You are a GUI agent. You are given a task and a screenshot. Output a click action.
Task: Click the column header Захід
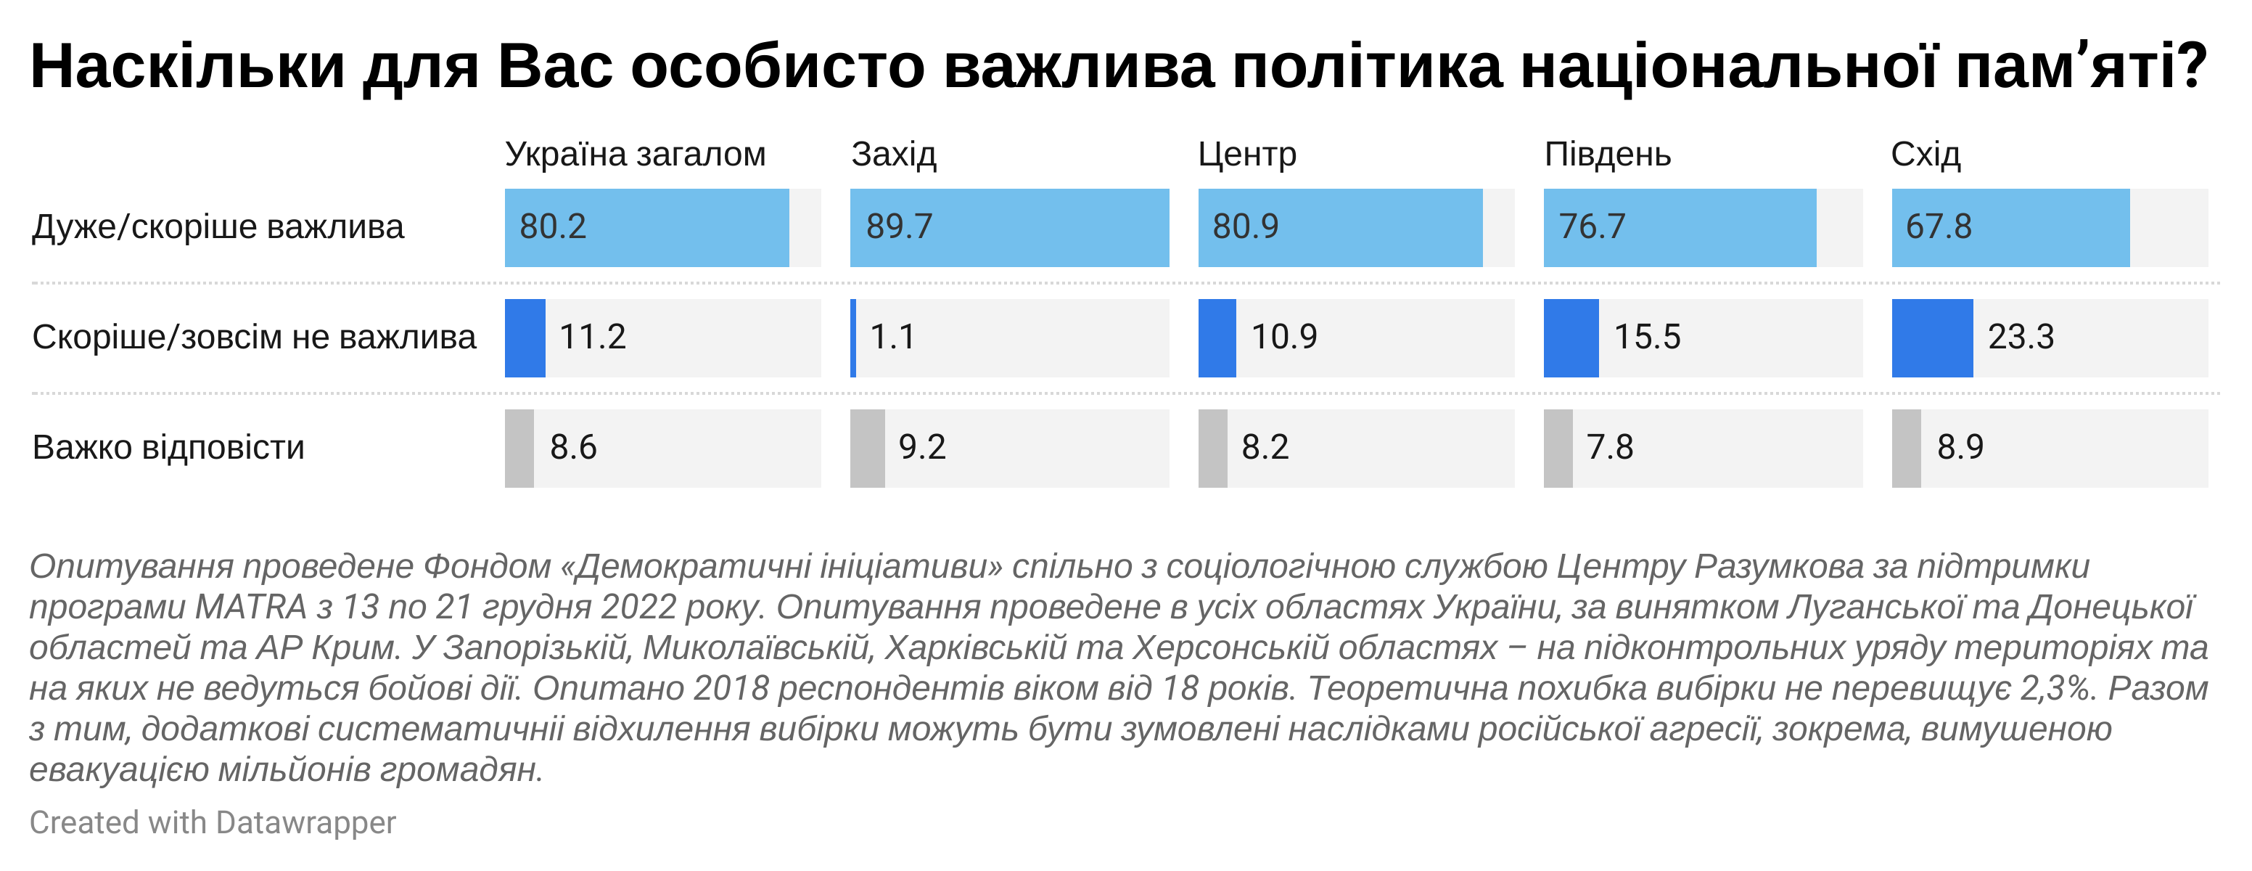pos(893,155)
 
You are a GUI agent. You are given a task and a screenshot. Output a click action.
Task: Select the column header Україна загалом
pos(636,155)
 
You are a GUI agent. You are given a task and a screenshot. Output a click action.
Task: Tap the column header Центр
pos(1246,155)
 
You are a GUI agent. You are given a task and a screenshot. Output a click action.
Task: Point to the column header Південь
pos(1608,155)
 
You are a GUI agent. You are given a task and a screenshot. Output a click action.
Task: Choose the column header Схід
pos(1926,155)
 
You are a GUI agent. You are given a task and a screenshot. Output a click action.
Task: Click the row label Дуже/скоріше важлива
pos(218,227)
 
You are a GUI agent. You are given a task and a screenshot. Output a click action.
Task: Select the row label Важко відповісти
pos(169,448)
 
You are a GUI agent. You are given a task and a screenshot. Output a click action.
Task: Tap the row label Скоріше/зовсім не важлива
pos(253,338)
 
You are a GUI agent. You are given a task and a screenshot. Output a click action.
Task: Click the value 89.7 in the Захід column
pos(900,227)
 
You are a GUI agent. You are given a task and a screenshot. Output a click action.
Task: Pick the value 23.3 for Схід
pos(2021,338)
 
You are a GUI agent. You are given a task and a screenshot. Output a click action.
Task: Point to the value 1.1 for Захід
pos(892,338)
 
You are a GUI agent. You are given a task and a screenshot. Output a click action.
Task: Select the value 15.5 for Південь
pos(1647,338)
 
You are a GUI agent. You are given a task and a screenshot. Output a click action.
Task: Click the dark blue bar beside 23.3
pos(1932,338)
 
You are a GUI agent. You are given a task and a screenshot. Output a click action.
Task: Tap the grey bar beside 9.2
pos(867,449)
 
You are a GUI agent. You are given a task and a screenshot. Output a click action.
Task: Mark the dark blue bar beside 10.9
pos(1217,338)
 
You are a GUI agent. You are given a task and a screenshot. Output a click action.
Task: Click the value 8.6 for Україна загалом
pos(573,448)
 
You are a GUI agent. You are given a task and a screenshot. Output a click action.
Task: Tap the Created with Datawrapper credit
pos(213,823)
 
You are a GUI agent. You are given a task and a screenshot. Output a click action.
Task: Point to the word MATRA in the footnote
pos(251,607)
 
